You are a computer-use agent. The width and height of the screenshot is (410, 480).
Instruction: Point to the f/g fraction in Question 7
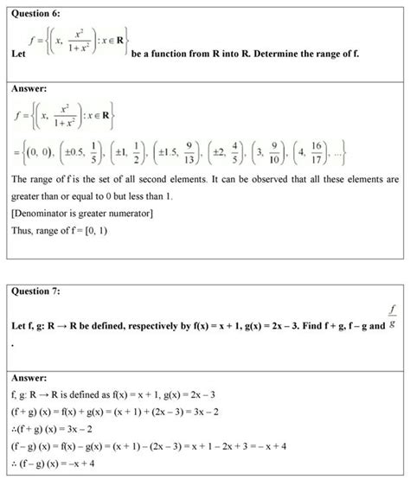(394, 317)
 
